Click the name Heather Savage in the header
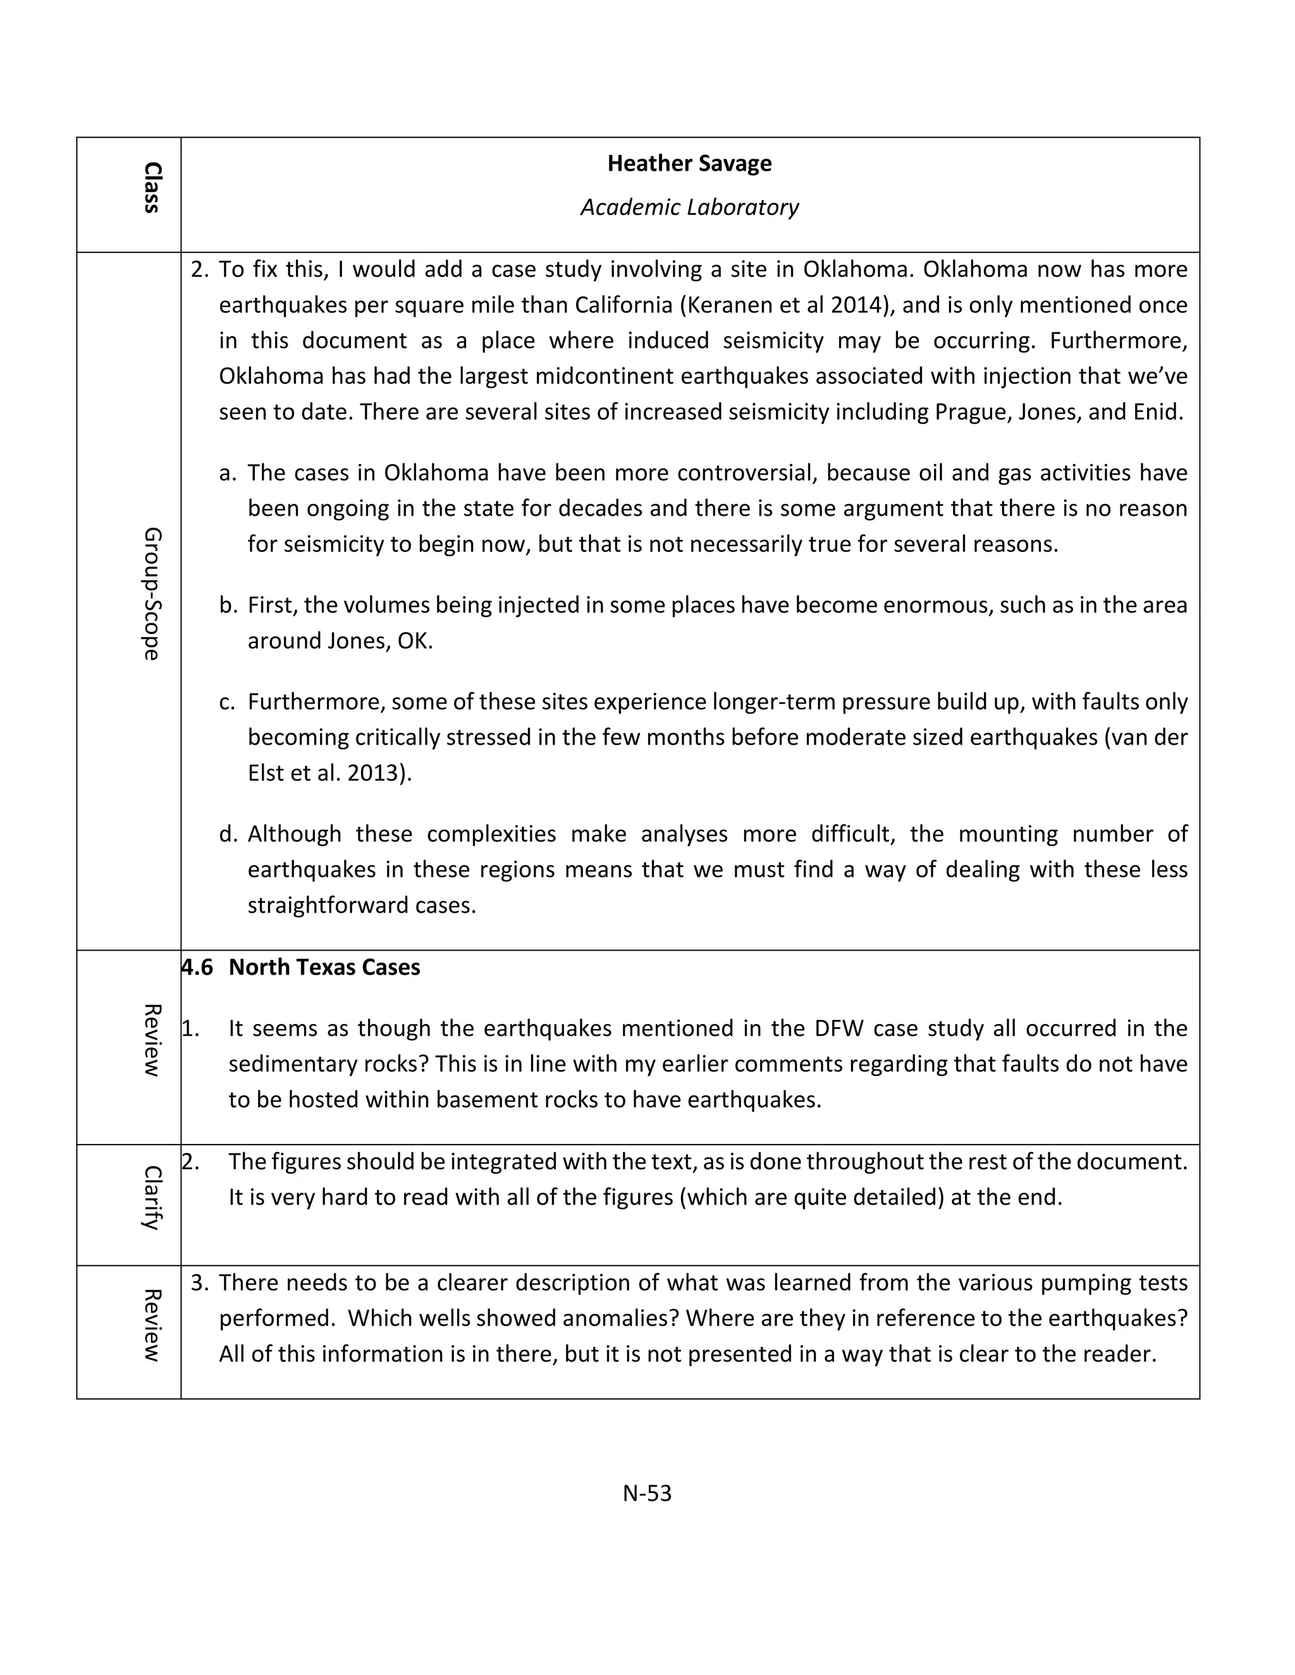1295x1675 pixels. click(x=689, y=163)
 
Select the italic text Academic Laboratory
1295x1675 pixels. click(x=689, y=207)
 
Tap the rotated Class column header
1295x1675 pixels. click(x=152, y=187)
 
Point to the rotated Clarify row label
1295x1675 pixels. click(x=152, y=1198)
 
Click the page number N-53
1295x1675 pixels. click(x=647, y=1492)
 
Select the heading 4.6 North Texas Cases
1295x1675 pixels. click(x=301, y=967)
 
